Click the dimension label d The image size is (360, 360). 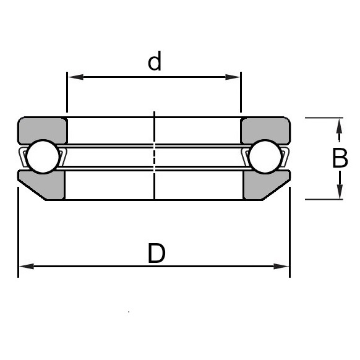154,62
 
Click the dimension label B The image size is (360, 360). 340,159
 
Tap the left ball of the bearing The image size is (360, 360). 42,157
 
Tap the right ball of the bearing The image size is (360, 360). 266,157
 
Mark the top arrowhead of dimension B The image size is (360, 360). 339,125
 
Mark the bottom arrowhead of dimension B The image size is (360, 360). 339,192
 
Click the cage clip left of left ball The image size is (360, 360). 23,158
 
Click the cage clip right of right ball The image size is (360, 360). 285,158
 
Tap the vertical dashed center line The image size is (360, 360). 154,155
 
